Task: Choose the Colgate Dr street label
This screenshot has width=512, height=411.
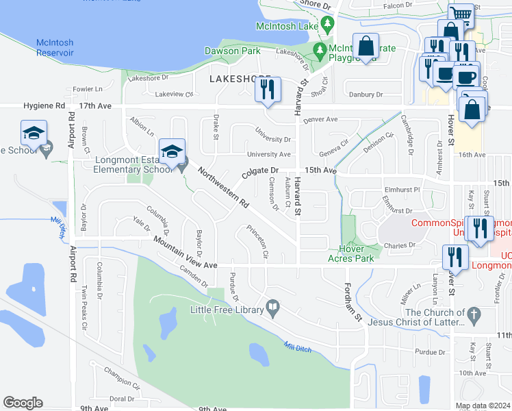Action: [260, 170]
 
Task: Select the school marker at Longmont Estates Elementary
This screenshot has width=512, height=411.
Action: [172, 150]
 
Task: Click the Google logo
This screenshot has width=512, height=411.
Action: [23, 403]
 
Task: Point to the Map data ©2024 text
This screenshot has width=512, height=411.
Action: [483, 406]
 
